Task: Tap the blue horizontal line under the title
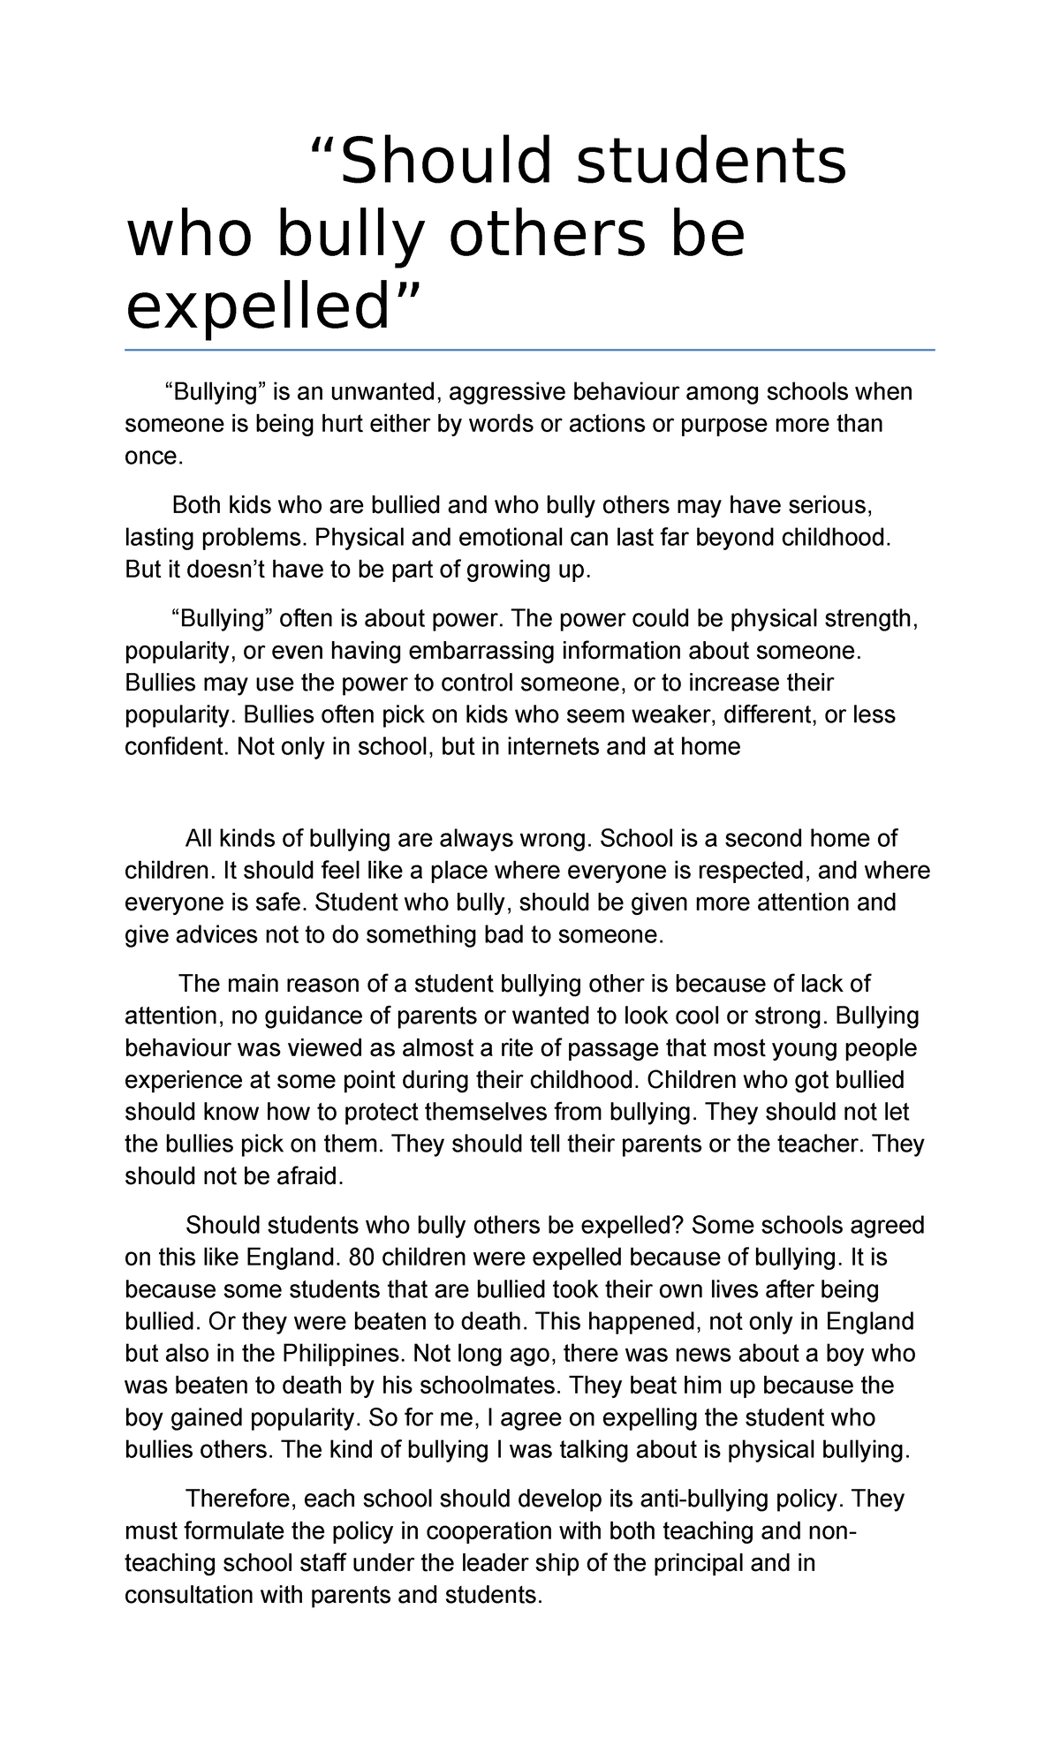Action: (x=530, y=350)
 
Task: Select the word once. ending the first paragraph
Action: (x=154, y=456)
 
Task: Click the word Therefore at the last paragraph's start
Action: (x=240, y=1499)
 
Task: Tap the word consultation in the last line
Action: (x=187, y=1595)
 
